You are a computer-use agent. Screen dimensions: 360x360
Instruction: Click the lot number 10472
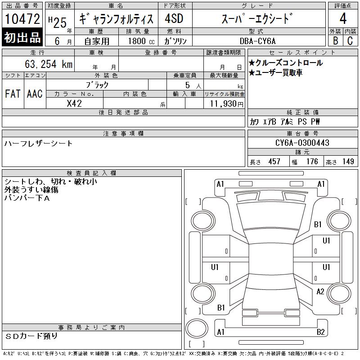click(x=22, y=19)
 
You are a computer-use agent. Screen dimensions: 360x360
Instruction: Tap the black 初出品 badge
click(x=22, y=37)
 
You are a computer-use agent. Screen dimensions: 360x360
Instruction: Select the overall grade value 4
click(x=343, y=18)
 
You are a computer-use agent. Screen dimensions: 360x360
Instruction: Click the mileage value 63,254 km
click(x=49, y=64)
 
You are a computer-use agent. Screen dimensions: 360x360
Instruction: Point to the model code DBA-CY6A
click(x=257, y=41)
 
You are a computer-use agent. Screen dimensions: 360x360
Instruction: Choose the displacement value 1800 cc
click(x=141, y=41)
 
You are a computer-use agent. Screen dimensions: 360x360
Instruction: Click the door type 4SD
click(x=174, y=18)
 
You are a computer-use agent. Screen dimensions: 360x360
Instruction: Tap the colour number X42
click(x=74, y=103)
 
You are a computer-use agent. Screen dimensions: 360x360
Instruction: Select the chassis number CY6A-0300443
click(x=302, y=143)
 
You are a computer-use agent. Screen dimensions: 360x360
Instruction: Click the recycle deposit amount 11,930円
click(x=227, y=104)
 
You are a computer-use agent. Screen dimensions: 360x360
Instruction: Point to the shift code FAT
click(x=13, y=94)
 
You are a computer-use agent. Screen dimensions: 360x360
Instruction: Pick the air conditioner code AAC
click(x=35, y=94)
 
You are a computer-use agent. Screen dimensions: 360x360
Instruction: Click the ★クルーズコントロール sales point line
click(x=286, y=63)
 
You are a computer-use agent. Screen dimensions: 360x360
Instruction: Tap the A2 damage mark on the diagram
click(x=320, y=292)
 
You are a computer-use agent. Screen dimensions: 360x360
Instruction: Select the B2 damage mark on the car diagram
click(x=321, y=332)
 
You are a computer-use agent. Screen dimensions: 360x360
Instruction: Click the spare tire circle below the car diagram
click(x=197, y=328)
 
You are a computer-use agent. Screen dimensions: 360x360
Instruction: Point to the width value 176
click(x=312, y=162)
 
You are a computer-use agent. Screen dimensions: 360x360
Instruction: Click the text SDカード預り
click(x=31, y=336)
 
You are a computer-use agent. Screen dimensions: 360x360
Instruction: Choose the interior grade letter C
click(x=350, y=41)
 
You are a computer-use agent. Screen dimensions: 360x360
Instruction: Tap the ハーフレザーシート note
click(x=39, y=144)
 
